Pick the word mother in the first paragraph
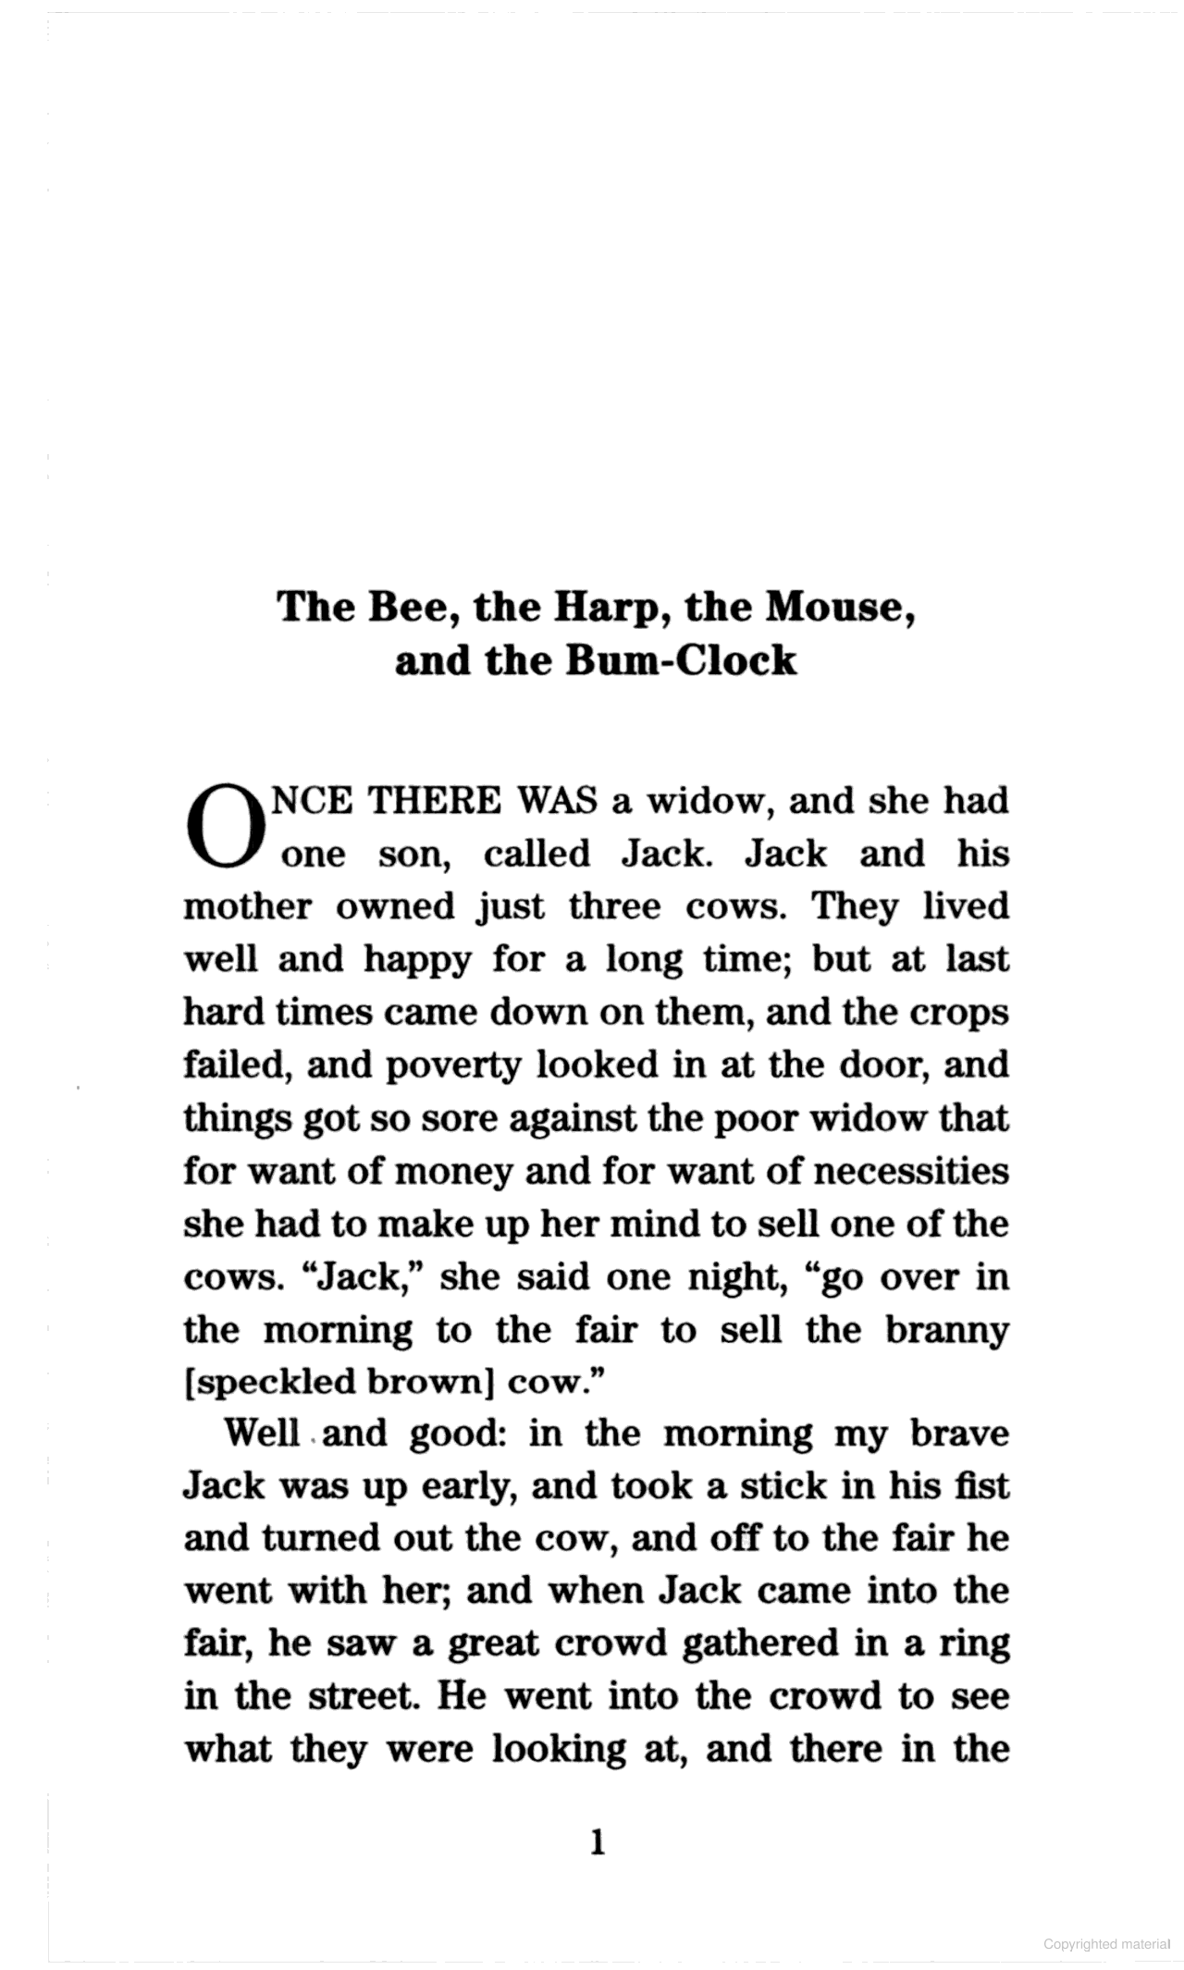coord(247,906)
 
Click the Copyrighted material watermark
coord(1106,1943)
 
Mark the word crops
coord(962,1014)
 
